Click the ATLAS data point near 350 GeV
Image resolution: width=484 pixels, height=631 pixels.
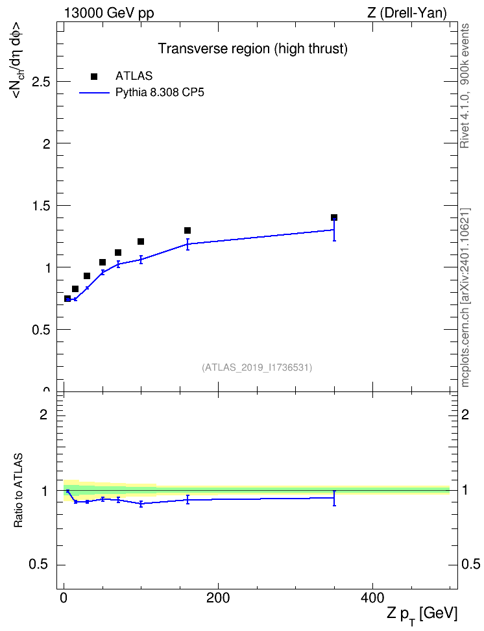334,217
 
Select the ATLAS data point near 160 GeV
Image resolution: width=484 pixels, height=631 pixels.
188,230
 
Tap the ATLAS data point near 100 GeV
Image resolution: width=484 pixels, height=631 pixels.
141,241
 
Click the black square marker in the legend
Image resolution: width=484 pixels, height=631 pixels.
94,77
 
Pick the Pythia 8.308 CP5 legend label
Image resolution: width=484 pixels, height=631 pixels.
160,93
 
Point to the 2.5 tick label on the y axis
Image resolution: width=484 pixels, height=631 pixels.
41,82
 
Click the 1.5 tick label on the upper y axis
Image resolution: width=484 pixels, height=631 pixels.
41,206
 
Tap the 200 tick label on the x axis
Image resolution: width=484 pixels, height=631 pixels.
218,598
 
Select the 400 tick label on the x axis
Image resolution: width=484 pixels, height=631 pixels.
372,598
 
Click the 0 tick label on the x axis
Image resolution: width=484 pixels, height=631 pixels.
64,598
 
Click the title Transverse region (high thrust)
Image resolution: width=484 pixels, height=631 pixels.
252,49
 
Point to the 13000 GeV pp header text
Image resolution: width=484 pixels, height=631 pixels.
109,13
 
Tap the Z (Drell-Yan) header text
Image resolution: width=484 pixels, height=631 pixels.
407,13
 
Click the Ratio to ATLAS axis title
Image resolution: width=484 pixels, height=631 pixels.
18,491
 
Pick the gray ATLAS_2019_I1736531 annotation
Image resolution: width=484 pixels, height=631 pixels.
257,367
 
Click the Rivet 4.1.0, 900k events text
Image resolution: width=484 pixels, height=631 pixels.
465,86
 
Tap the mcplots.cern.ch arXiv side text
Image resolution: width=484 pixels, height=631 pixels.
465,298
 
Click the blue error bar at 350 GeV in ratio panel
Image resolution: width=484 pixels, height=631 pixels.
334,498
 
